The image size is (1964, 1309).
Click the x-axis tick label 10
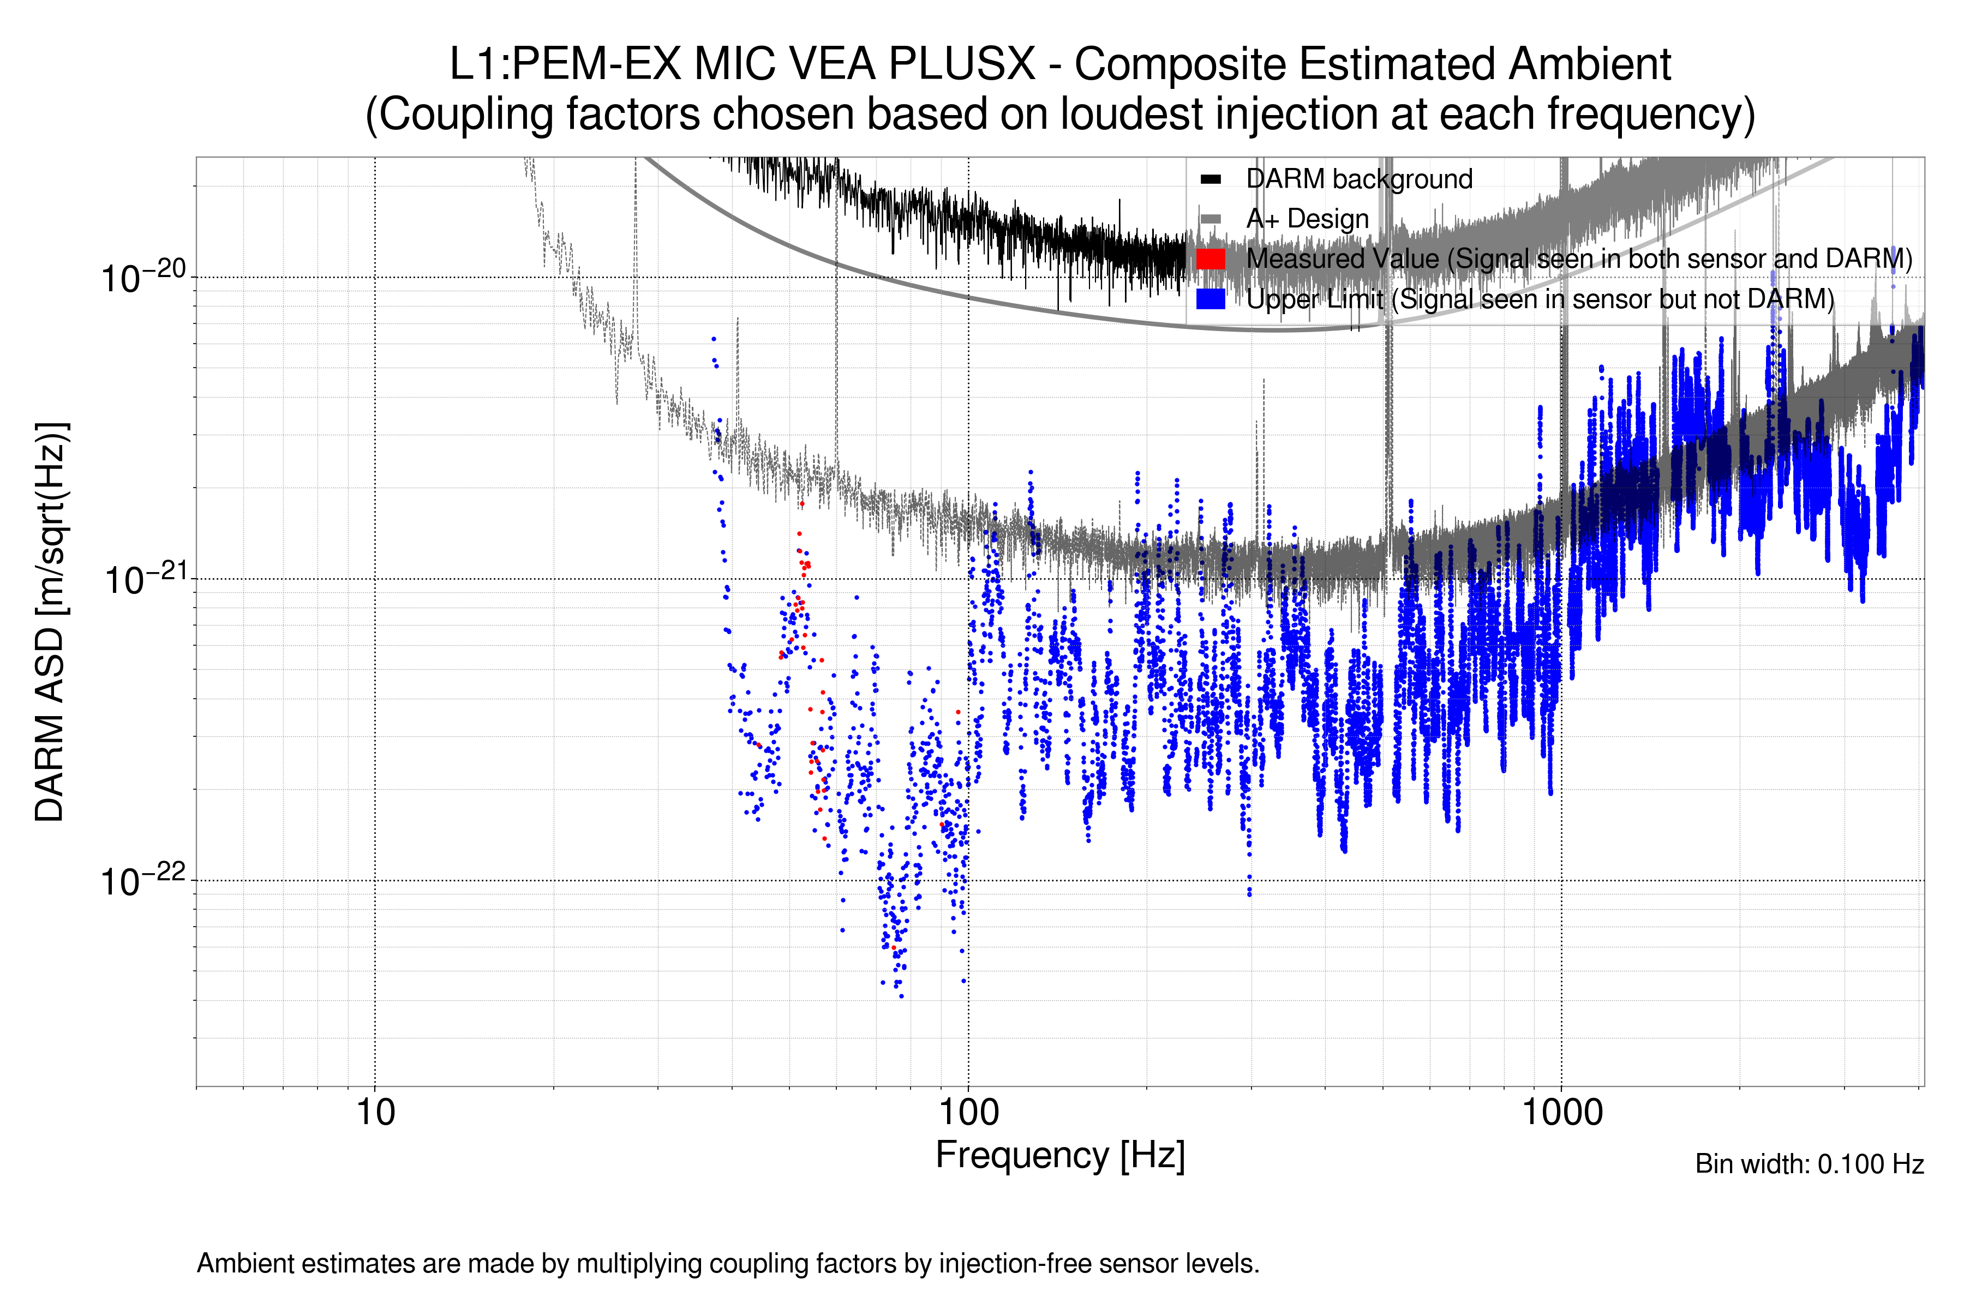coord(375,1113)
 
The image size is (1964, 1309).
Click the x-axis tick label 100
coord(968,1113)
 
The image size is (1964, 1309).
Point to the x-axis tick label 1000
coord(1561,1113)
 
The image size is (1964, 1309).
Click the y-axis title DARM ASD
coord(50,622)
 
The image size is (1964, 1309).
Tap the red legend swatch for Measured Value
coord(1210,259)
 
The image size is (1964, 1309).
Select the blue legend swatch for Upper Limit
coord(1210,299)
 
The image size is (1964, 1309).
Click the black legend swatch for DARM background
coord(1210,179)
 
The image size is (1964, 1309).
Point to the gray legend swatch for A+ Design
coord(1210,219)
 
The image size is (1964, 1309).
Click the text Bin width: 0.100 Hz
coord(1809,1164)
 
